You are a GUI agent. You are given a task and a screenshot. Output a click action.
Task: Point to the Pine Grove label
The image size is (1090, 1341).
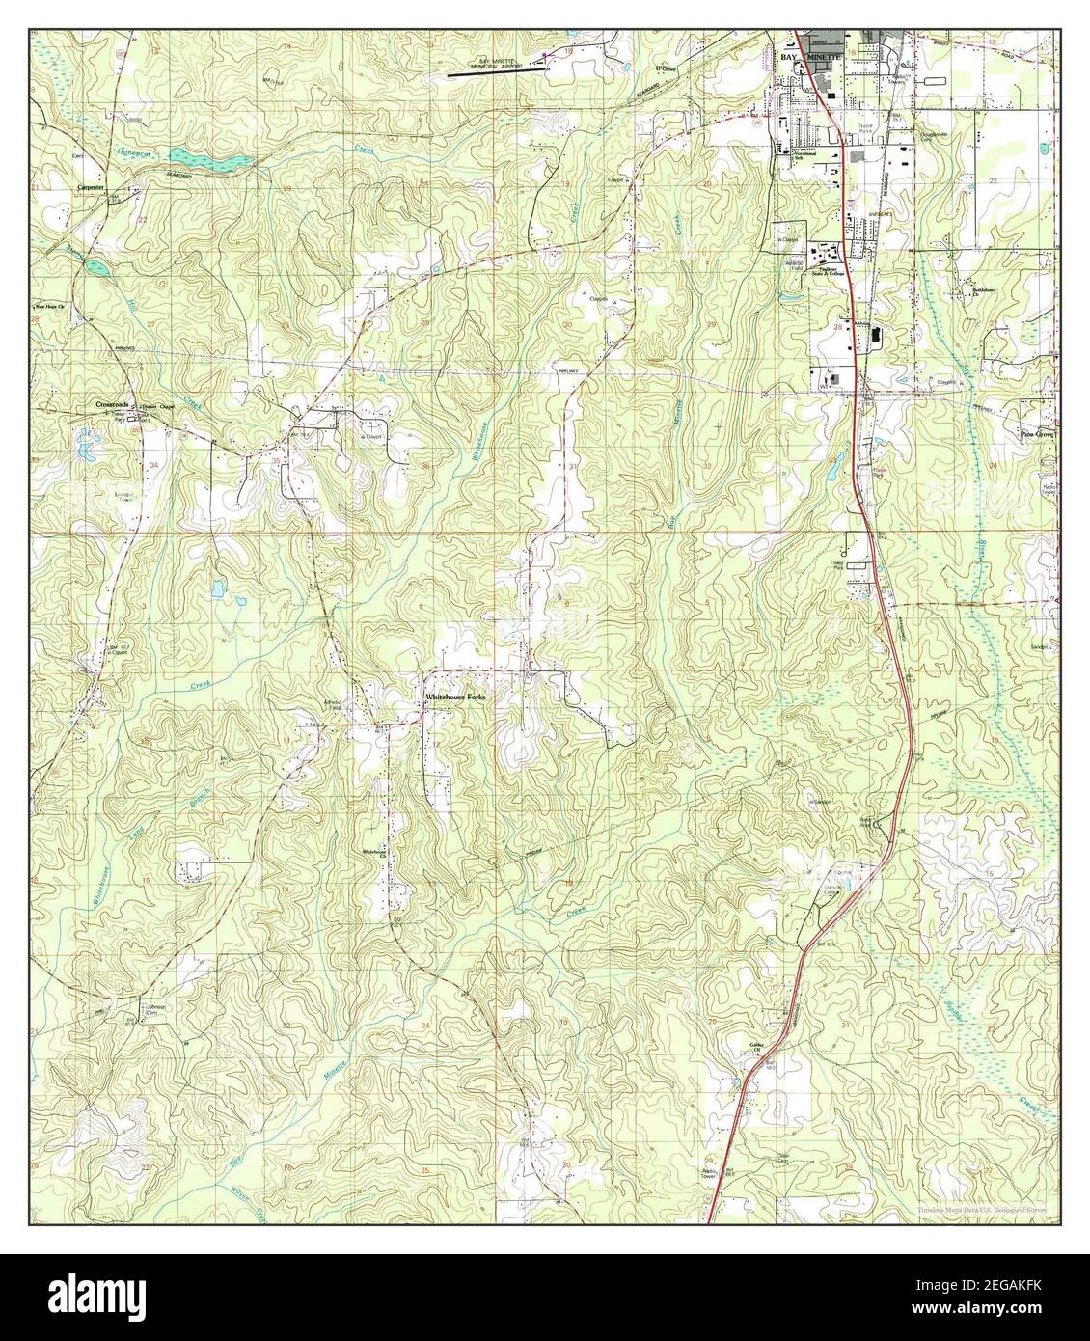click(x=1038, y=435)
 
